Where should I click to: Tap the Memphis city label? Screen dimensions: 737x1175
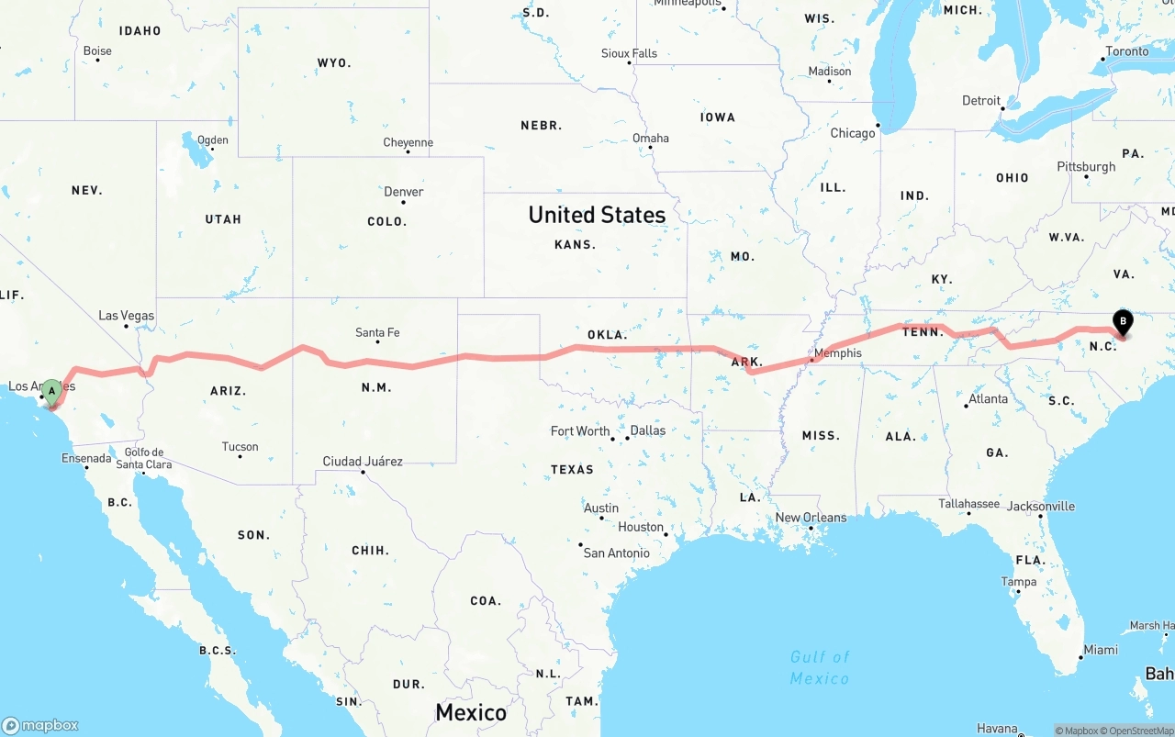tap(837, 353)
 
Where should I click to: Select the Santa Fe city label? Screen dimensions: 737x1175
tap(377, 332)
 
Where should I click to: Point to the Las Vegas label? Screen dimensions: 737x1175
tap(127, 316)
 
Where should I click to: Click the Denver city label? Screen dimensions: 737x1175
tap(404, 192)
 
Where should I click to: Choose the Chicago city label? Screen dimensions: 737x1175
tap(853, 133)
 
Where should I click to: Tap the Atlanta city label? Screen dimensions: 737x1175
tap(988, 399)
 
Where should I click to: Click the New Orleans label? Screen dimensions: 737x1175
tap(811, 518)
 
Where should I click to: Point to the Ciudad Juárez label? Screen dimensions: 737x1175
tap(363, 462)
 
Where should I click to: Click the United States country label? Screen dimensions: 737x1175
tap(597, 215)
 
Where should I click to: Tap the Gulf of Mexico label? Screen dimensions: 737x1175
tap(820, 667)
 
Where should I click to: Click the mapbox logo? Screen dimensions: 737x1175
tap(40, 725)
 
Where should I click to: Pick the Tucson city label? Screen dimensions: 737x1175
tap(240, 447)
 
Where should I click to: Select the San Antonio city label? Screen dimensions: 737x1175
tap(616, 553)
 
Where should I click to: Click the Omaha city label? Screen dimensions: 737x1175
tap(650, 139)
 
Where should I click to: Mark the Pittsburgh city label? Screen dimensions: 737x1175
tap(1086, 167)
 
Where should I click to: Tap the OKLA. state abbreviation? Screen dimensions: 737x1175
tap(607, 335)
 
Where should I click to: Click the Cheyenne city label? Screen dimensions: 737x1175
tap(408, 142)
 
